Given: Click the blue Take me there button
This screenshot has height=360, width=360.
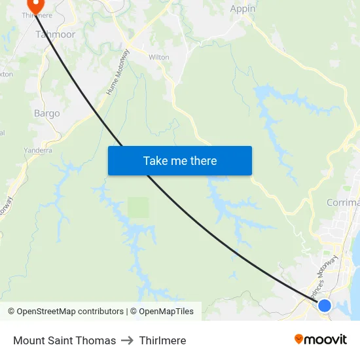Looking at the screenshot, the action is (180, 160).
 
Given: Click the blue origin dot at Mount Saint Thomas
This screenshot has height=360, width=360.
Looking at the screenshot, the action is (324, 305).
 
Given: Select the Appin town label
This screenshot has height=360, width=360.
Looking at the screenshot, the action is (242, 9).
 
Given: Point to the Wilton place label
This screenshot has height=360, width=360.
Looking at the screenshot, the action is (158, 57).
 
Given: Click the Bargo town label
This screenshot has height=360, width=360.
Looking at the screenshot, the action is (46, 113).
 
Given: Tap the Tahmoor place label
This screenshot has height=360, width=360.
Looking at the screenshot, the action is (56, 34).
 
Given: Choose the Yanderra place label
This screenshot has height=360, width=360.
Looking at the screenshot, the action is (38, 150).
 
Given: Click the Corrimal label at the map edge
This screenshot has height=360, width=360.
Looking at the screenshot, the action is (343, 203).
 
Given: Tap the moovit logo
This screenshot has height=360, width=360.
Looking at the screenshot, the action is (321, 340).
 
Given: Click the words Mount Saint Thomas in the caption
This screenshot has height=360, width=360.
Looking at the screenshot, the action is (64, 340).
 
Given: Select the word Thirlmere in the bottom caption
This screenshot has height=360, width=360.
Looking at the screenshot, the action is (162, 340).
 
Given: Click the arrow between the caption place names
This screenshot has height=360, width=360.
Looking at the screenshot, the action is (128, 340).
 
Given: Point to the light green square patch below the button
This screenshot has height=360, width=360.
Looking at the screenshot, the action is (138, 207).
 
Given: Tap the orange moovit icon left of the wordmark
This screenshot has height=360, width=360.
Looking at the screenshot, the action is (299, 339).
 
